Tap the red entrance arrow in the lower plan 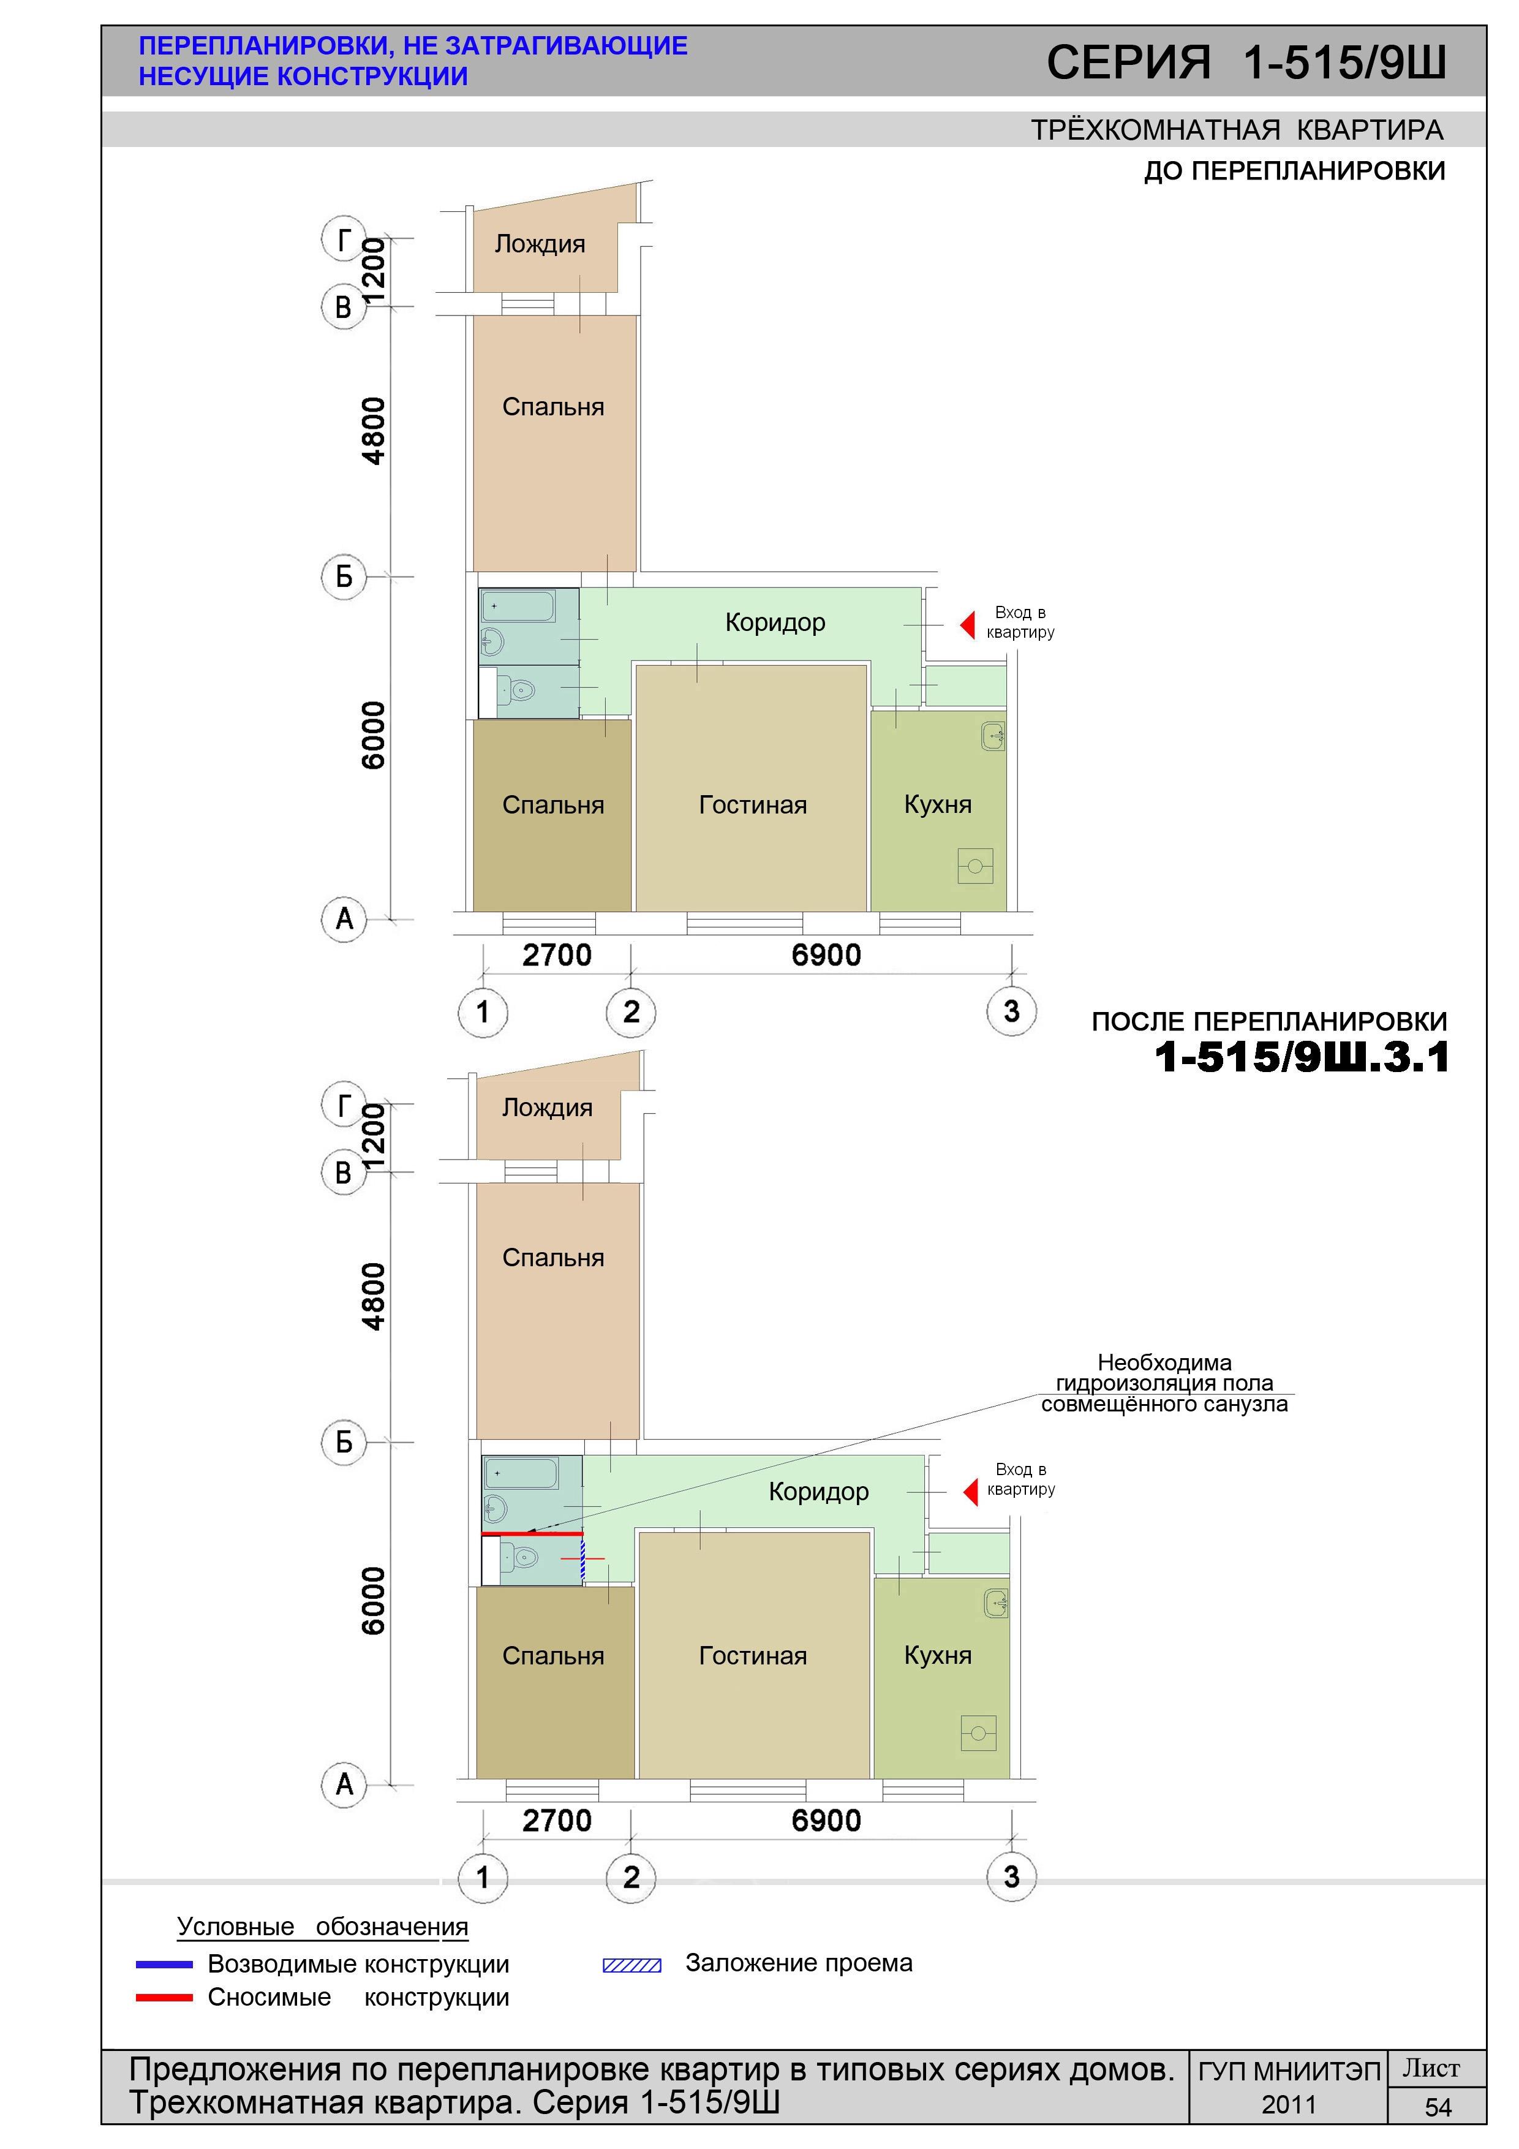[971, 1491]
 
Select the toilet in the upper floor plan [518, 691]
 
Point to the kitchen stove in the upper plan [975, 866]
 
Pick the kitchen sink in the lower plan [997, 1603]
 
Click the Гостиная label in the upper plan [753, 805]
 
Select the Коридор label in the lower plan [819, 1492]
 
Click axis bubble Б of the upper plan [344, 576]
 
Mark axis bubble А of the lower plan [344, 1784]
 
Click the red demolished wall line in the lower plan [532, 1534]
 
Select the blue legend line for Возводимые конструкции [165, 1965]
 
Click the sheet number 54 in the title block [1438, 2108]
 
